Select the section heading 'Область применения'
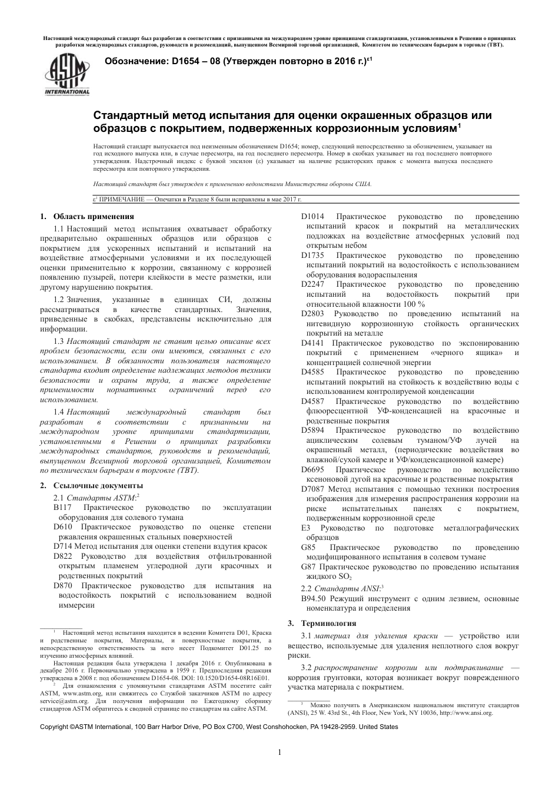(94, 216)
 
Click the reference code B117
(62, 508)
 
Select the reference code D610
(63, 527)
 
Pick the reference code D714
(63, 546)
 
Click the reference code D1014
(312, 217)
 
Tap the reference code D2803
(312, 314)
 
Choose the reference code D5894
(312, 430)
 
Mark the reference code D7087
(312, 489)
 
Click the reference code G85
(308, 547)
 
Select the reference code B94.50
(313, 598)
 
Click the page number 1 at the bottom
(280, 752)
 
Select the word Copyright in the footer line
(54, 727)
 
